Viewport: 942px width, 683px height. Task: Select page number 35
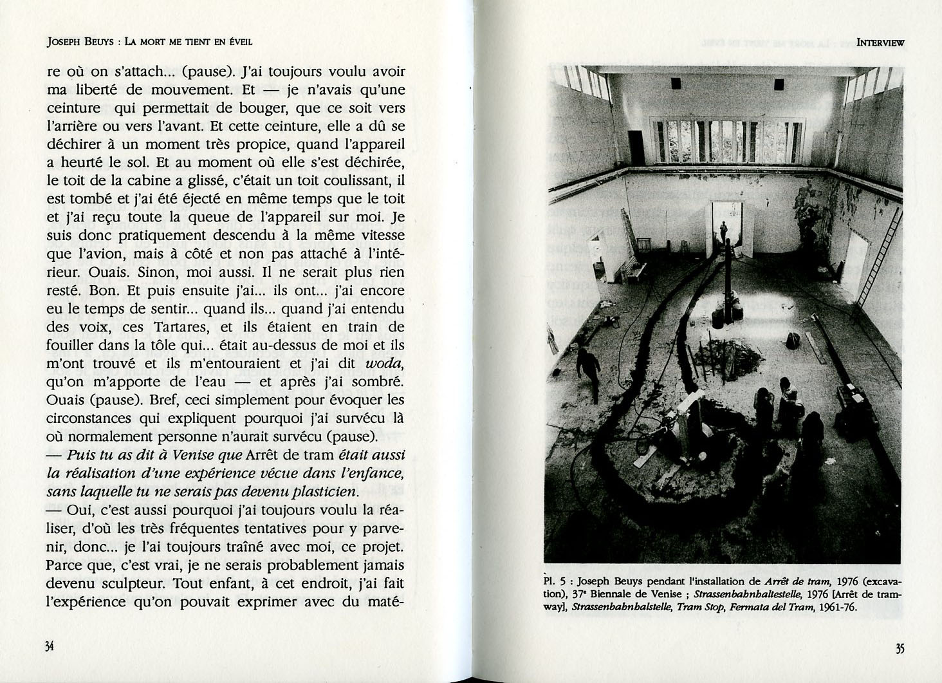click(899, 649)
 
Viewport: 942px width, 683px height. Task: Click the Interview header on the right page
click(880, 42)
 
